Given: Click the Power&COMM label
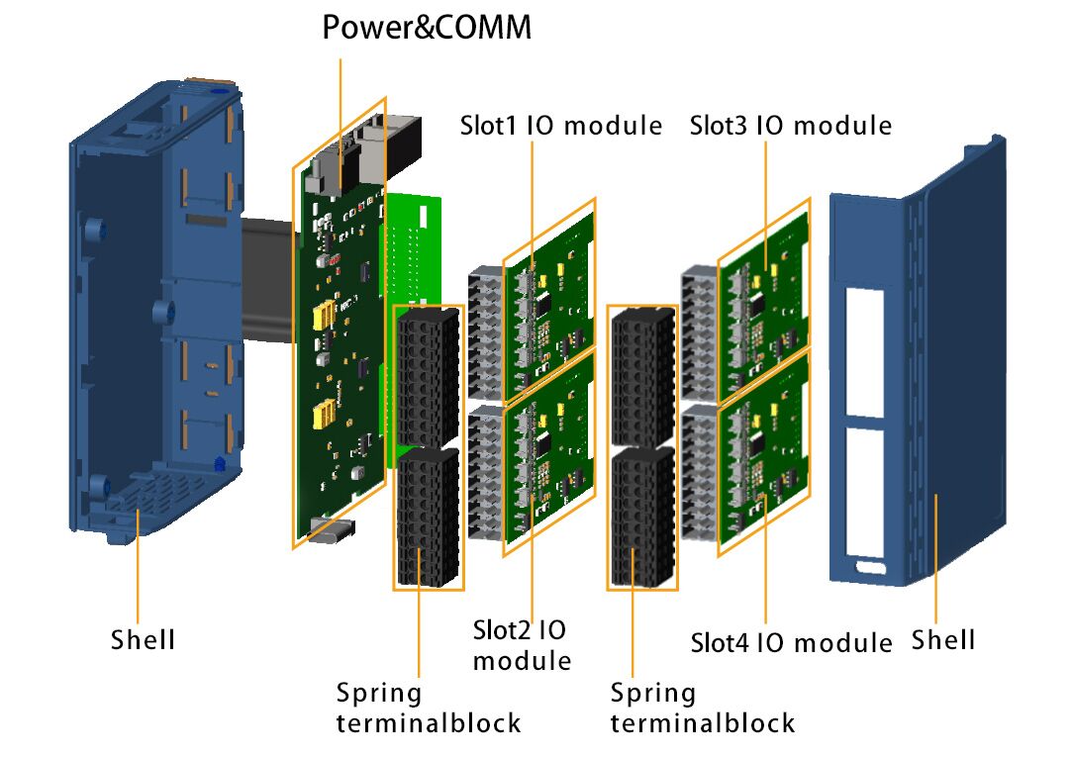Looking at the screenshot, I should point(427,27).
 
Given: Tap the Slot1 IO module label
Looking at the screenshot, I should point(560,126).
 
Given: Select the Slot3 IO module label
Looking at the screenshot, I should point(791,126).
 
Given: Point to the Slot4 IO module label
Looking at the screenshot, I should point(791,642).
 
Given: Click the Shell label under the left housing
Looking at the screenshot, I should point(143,639).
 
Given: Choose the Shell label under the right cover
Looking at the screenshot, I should point(943,639).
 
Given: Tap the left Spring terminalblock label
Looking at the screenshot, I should point(428,708).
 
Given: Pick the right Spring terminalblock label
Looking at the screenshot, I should point(702,708).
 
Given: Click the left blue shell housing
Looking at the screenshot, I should point(148,307).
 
